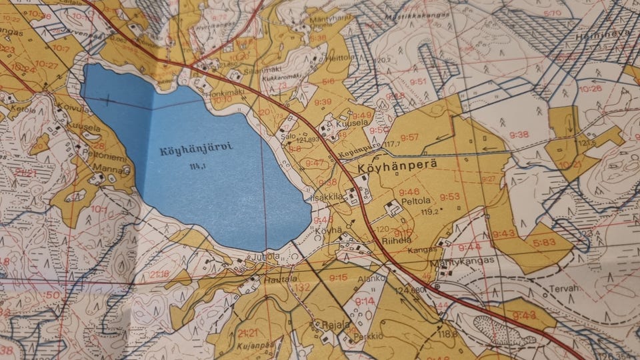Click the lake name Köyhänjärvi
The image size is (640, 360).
pos(187,151)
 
